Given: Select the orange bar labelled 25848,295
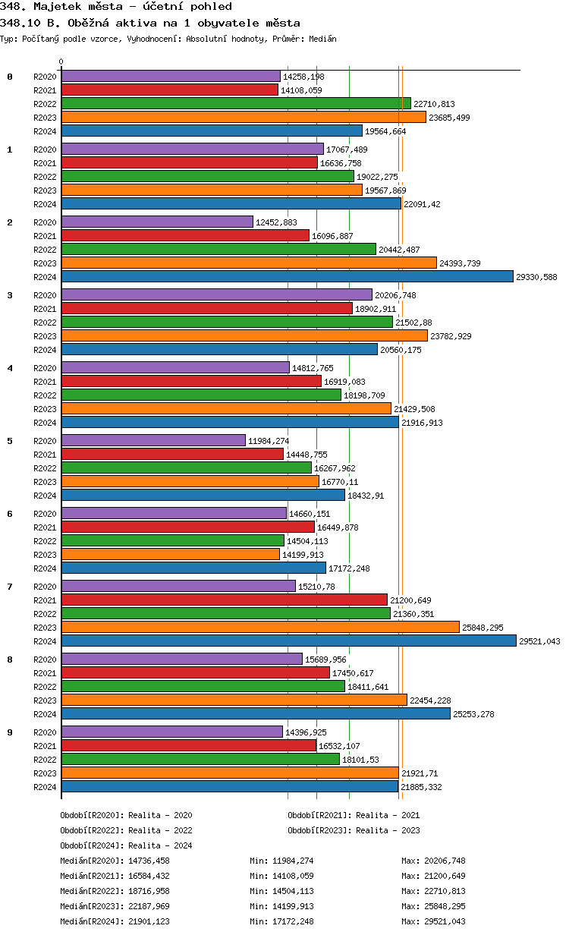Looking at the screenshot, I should pyautogui.click(x=260, y=628).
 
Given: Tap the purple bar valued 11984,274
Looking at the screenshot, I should pyautogui.click(x=153, y=441).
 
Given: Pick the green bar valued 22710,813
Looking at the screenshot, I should pyautogui.click(x=236, y=104).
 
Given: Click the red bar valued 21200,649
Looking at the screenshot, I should pyautogui.click(x=224, y=600).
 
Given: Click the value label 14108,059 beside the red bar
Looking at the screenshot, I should pyautogui.click(x=301, y=90).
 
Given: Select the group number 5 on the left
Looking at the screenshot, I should pyautogui.click(x=10, y=441).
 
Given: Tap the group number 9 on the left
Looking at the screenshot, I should pyautogui.click(x=10, y=732).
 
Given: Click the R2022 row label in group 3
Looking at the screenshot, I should pyautogui.click(x=45, y=323).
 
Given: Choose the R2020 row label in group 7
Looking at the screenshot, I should pyautogui.click(x=45, y=587).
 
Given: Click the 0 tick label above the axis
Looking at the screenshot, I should pyautogui.click(x=61, y=62).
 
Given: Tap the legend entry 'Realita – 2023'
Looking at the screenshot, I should pyautogui.click(x=388, y=830).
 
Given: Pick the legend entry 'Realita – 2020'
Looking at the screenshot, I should pyautogui.click(x=160, y=815).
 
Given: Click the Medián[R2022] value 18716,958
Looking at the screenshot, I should pyautogui.click(x=149, y=891).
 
